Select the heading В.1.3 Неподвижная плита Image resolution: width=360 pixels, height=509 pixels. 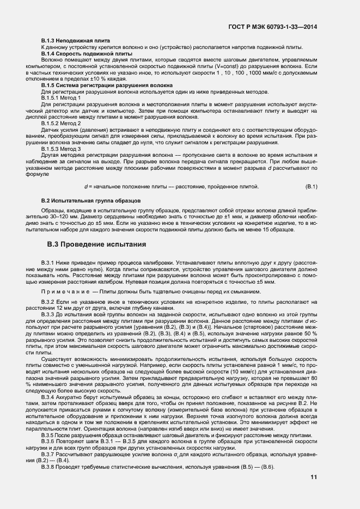[76, 41]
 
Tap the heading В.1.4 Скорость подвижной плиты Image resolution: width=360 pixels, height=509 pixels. [87, 54]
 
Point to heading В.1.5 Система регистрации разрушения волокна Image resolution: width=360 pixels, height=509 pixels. [107, 85]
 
